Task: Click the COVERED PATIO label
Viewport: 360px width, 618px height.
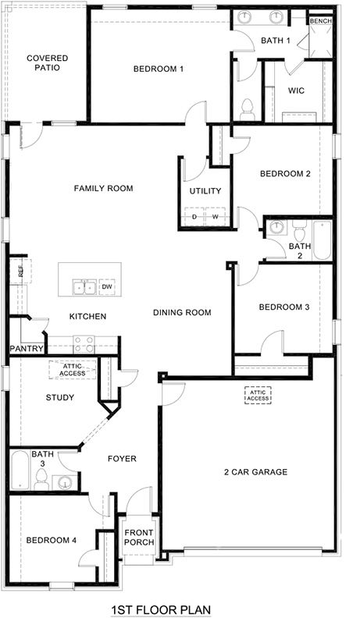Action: coord(47,62)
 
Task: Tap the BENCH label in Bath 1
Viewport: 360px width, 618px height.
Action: coord(320,21)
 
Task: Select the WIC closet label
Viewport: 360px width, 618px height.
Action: coord(296,91)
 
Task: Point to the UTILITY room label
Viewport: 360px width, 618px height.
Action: coord(205,191)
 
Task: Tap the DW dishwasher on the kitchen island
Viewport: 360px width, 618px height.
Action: coord(108,287)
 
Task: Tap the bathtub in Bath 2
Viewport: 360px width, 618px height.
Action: coord(321,240)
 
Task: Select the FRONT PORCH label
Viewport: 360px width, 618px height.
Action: coord(140,538)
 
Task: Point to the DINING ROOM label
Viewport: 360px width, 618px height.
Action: coord(182,313)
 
